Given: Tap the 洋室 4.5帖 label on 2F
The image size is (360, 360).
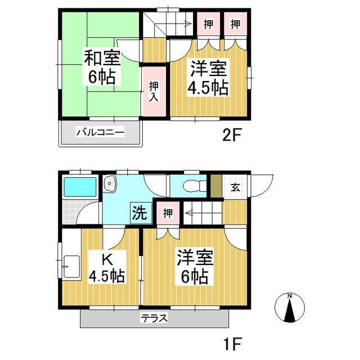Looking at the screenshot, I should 208,79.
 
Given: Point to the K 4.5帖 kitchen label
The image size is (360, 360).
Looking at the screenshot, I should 106,268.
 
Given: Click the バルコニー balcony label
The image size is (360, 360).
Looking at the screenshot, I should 100,133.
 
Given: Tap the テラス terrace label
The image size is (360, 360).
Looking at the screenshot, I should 154,318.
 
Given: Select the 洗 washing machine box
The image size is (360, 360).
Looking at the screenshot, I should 139,212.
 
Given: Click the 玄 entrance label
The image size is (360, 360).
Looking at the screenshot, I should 235,188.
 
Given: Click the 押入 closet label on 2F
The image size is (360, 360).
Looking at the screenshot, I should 154,91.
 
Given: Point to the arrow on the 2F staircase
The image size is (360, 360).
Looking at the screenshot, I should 180,24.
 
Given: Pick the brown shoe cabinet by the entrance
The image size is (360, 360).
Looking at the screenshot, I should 216,186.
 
